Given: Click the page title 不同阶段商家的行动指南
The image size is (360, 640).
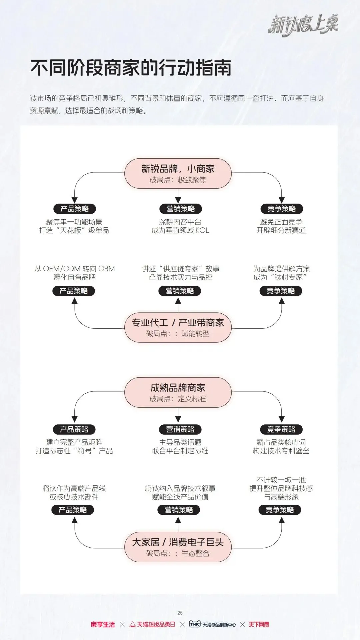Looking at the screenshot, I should (x=131, y=68).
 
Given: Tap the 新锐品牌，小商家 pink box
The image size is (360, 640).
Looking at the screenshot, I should (x=178, y=173).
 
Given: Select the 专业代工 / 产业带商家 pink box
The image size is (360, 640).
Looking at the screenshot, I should (x=178, y=327).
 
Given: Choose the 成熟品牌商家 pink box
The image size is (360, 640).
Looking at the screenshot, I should (x=178, y=392).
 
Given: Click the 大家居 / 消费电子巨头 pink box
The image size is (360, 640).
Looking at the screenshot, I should (x=178, y=547).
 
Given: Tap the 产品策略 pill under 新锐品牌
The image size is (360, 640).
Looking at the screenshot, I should (x=74, y=209).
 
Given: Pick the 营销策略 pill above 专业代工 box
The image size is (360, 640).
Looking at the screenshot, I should (x=180, y=291).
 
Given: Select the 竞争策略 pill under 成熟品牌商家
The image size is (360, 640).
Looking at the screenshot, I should (x=281, y=429).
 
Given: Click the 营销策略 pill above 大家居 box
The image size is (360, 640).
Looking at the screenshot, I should (x=179, y=510).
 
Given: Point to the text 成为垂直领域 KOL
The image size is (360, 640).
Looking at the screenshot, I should (x=180, y=230).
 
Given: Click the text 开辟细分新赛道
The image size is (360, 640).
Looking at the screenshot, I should (x=281, y=230).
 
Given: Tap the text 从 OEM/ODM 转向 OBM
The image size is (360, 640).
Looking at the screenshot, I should (x=74, y=269).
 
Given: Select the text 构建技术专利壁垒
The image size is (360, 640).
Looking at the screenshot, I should (x=281, y=451).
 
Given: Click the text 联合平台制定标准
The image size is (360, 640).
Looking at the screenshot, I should (x=180, y=451).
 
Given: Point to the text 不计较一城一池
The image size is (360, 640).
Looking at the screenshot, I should (x=281, y=480).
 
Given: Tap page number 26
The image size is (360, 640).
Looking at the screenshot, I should (x=180, y=613).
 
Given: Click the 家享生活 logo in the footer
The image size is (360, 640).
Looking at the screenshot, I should (x=103, y=624).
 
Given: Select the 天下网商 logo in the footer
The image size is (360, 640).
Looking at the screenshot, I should (x=259, y=624).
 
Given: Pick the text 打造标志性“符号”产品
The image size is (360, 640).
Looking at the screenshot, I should (x=74, y=451).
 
